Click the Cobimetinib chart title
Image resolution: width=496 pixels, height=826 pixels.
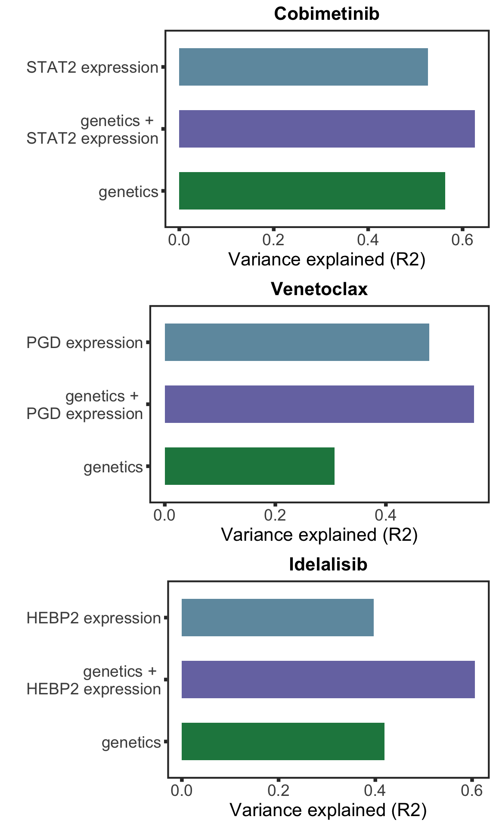[x=327, y=14]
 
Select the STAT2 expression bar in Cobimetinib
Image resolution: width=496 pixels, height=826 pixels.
[x=303, y=67]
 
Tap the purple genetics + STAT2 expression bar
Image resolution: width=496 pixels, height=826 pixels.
[x=327, y=129]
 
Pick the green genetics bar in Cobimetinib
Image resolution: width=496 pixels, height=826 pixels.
[x=312, y=191]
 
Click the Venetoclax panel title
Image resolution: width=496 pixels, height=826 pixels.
[x=319, y=290]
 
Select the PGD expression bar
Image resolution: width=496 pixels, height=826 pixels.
[x=297, y=342]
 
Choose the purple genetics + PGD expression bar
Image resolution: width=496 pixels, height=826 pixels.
[x=319, y=404]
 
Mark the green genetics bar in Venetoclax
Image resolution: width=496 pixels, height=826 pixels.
[x=249, y=466]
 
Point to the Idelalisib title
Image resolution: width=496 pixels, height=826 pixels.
[x=328, y=565]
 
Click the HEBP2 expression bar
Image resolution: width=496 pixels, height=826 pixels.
[x=277, y=618]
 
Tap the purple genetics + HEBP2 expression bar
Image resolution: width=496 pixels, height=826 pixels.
[x=328, y=680]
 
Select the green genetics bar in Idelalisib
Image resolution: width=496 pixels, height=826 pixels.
[x=283, y=742]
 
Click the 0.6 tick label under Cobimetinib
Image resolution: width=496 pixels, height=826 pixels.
[x=462, y=240]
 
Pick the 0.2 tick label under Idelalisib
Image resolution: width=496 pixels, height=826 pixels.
[x=279, y=791]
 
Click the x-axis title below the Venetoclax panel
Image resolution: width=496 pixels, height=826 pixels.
[x=319, y=535]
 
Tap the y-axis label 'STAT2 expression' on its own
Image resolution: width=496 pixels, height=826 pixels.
[x=92, y=68]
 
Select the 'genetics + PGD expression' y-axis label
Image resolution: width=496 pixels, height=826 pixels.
[x=85, y=405]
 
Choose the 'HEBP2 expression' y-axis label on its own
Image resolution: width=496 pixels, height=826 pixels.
[x=93, y=619]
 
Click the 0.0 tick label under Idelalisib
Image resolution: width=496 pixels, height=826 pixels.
[x=182, y=791]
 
